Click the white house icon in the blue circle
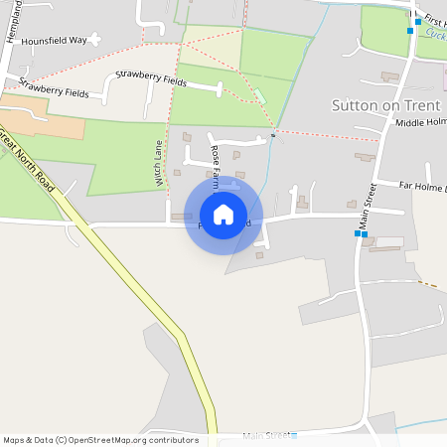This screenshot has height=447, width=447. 223,215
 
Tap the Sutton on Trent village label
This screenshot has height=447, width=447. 385,104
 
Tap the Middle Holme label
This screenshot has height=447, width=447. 421,122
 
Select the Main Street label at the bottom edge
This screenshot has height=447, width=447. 265,435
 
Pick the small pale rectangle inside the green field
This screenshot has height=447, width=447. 260,94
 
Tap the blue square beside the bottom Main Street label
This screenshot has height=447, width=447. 294,434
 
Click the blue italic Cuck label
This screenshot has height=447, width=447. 434,33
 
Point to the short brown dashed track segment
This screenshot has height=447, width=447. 429,285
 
